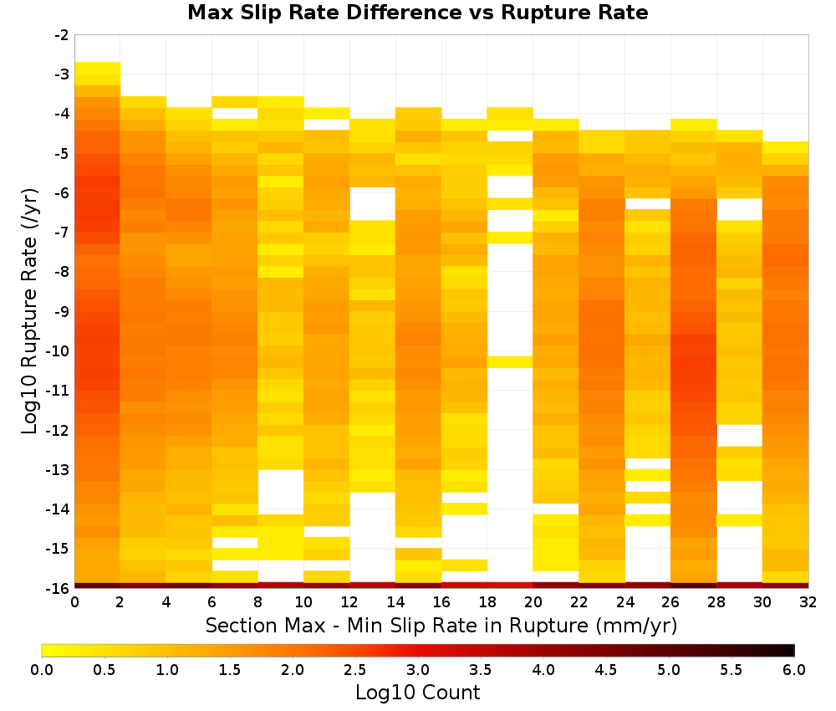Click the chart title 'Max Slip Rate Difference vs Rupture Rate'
tap(417, 13)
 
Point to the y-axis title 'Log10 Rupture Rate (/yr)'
tap(29, 311)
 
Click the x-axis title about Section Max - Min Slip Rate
tap(441, 625)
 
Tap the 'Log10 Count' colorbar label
tap(417, 693)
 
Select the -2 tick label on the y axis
tap(62, 35)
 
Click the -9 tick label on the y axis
tap(62, 311)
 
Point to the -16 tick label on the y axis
tap(59, 588)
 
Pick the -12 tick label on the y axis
tap(59, 430)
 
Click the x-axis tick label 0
tap(74, 602)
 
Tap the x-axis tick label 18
tap(487, 602)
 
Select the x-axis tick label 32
tap(808, 602)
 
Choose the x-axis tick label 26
tap(670, 602)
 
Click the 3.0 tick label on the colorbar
tap(417, 670)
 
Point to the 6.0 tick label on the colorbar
tap(794, 670)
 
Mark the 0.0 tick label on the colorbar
tap(42, 670)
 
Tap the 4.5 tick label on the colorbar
tap(605, 670)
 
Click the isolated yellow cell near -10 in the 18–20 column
tap(510, 361)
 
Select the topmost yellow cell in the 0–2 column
tap(98, 68)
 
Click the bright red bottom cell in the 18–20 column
tap(510, 586)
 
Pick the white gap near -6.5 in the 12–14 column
tap(373, 204)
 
